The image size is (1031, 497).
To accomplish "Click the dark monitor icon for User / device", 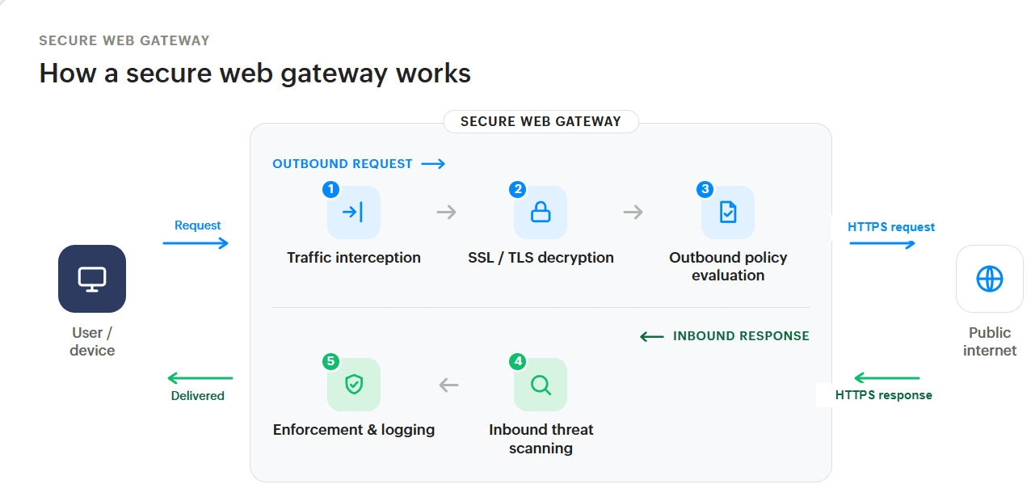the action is (92, 279).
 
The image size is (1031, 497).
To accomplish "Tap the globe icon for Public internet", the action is (990, 279).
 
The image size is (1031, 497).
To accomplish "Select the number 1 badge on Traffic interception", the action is (331, 189).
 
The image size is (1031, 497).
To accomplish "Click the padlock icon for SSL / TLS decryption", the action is (541, 213).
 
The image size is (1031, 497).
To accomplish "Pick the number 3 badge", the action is (705, 189).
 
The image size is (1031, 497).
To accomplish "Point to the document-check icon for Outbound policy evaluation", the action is (728, 213).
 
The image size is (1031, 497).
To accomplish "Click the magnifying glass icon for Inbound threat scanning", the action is (541, 385).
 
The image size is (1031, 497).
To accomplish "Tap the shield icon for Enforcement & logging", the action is (354, 385).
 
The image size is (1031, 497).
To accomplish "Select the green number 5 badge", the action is (331, 361).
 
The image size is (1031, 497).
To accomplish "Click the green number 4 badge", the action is (518, 361).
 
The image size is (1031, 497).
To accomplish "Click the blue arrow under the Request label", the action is (196, 243).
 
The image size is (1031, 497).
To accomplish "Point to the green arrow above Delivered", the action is (200, 378).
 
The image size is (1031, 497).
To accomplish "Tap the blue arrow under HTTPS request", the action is (882, 243).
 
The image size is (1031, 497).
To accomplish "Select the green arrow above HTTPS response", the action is (887, 378).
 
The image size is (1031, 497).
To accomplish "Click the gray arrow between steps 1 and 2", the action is (447, 213).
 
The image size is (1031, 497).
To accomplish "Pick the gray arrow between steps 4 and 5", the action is (448, 385).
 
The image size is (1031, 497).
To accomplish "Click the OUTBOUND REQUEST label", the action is (343, 164).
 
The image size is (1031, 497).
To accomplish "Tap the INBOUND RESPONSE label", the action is (741, 336).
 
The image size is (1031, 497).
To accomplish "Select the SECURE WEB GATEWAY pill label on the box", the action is (541, 121).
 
